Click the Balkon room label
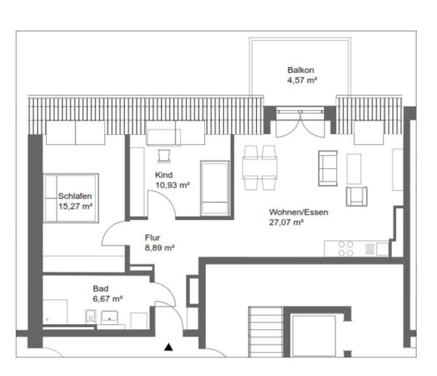coord(300,70)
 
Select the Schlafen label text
coord(75,196)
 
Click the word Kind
coord(164,175)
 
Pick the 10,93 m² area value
coord(172,184)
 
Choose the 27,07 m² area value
coord(286,222)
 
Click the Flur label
coord(152,237)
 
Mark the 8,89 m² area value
coord(159,247)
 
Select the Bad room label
coord(100,289)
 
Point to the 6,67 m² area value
coord(108,299)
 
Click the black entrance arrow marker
coord(168,347)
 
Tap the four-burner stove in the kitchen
coord(346,249)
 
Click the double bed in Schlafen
coord(72,198)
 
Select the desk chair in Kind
coord(163,156)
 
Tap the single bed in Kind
coord(215,187)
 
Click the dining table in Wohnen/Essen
coord(260,168)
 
